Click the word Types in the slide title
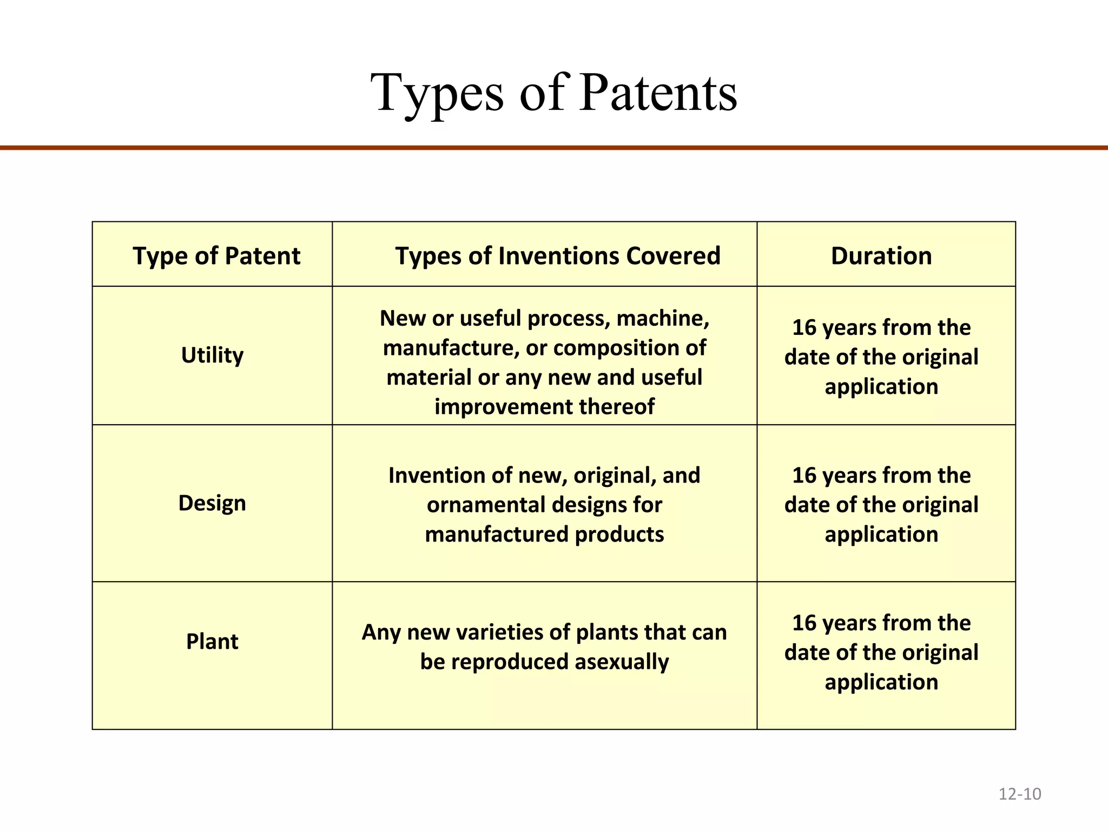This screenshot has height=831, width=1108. [438, 93]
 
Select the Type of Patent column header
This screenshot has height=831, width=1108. [216, 256]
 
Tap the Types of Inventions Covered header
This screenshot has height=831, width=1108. [557, 256]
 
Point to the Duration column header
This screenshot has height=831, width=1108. [881, 256]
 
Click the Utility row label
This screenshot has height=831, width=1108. [212, 355]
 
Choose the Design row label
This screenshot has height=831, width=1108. [212, 503]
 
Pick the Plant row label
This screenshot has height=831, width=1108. [212, 642]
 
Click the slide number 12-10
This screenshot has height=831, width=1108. [1019, 794]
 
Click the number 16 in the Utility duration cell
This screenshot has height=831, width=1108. [804, 328]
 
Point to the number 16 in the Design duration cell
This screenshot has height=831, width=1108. [804, 476]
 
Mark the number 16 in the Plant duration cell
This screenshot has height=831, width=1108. [804, 623]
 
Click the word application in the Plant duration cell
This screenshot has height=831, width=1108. [881, 682]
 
